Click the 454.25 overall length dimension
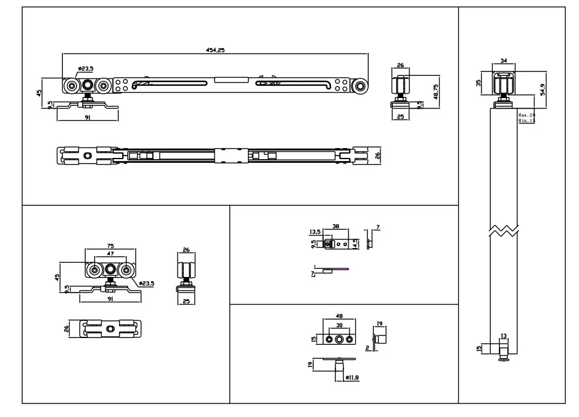pos(216,50)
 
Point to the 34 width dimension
pos(504,60)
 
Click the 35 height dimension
pos(479,82)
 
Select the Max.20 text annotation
pos(526,115)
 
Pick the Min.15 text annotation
pos(526,121)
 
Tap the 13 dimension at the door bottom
pos(504,336)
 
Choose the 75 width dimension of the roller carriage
pos(110,246)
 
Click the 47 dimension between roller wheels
pos(110,254)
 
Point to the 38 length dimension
pos(336,227)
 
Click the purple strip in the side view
pos(336,268)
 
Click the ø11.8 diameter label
pos(353,377)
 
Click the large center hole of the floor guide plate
pos(339,339)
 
